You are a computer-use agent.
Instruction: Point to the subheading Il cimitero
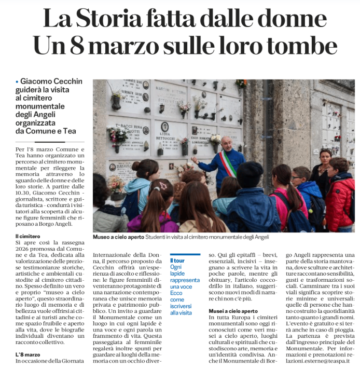point(28,236)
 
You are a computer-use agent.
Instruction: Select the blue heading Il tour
point(178,260)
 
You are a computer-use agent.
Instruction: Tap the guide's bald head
point(226,141)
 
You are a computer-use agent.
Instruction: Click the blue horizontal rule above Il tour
point(185,254)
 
